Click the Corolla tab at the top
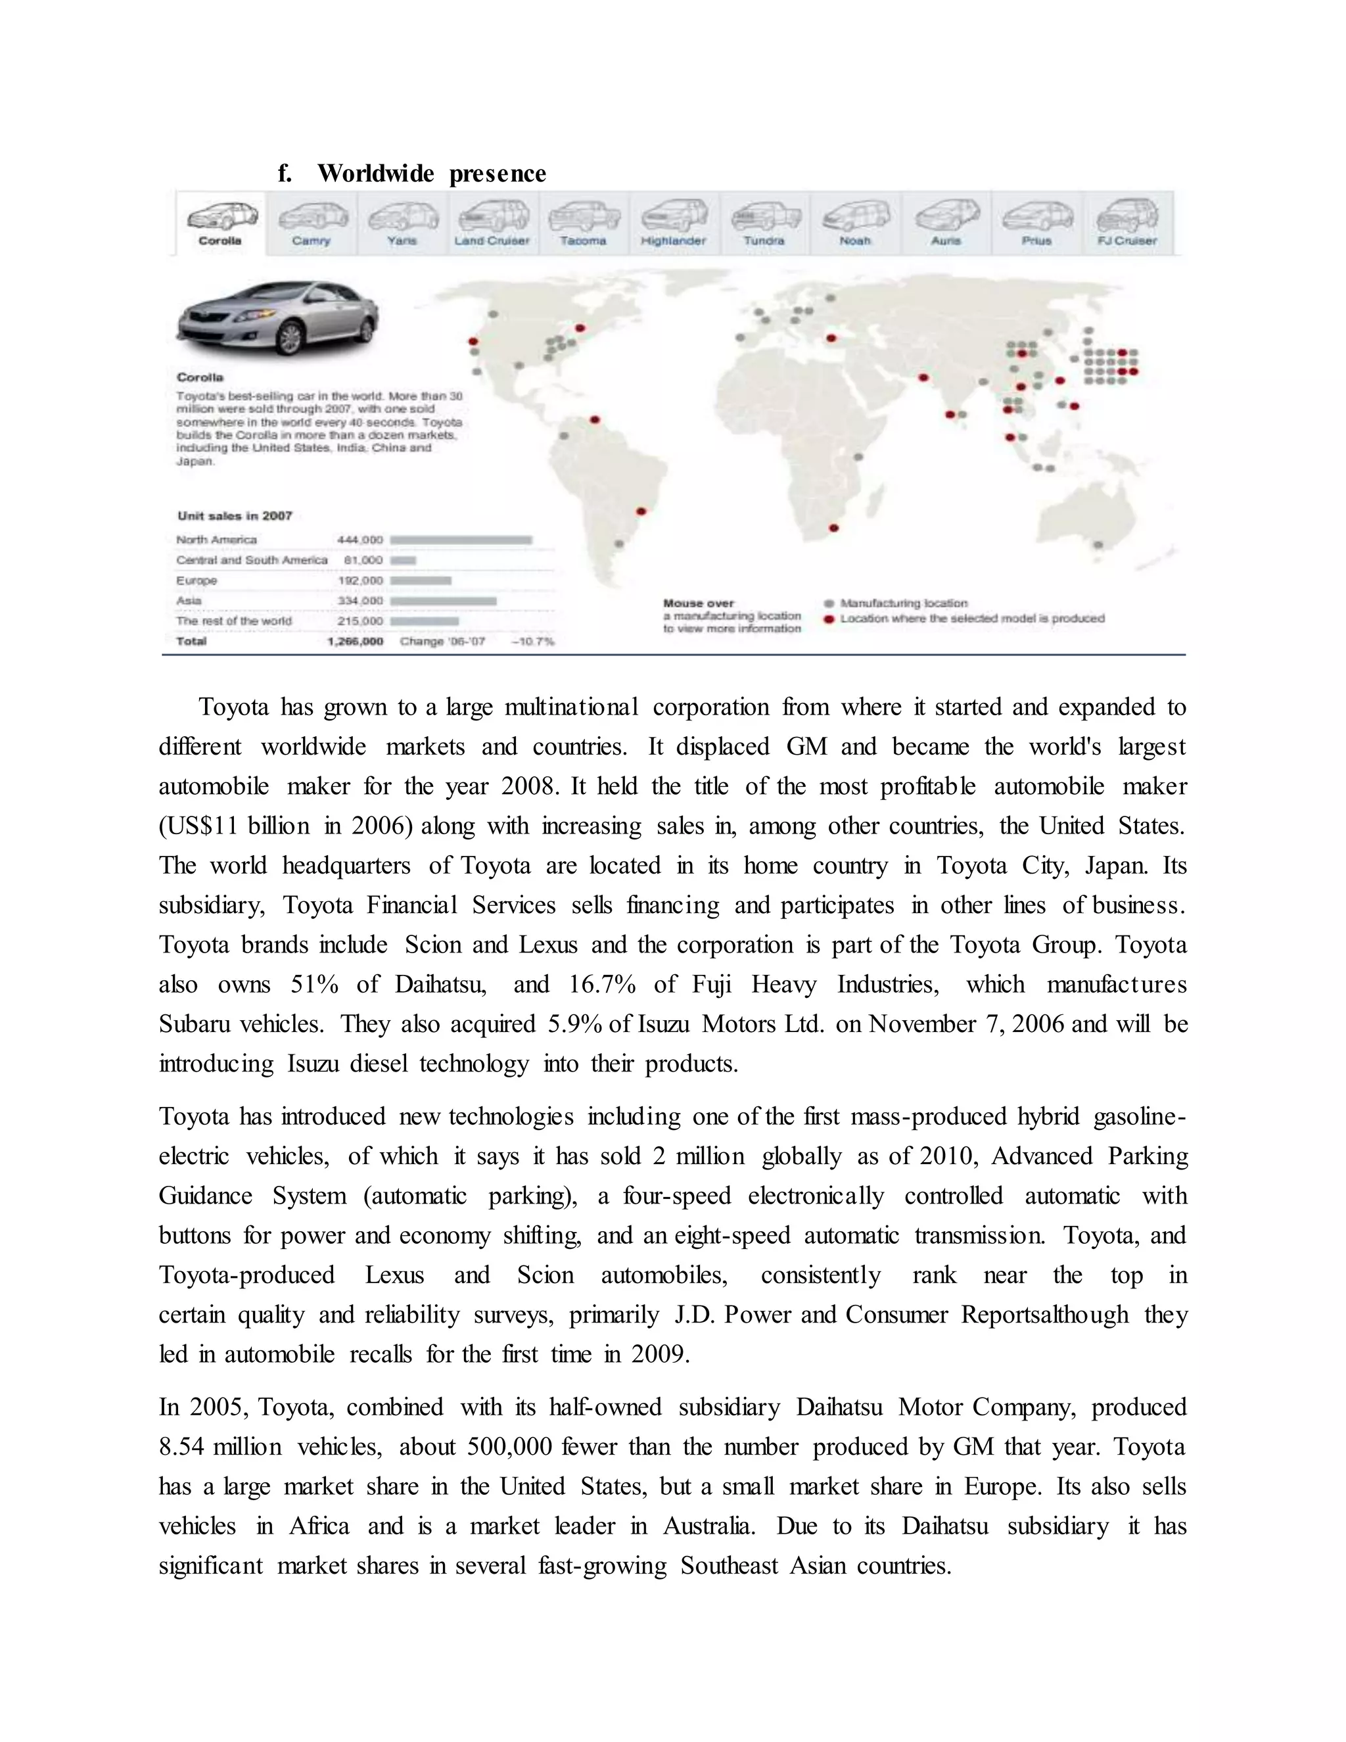tap(220, 224)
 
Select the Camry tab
tap(311, 224)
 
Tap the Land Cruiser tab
tap(492, 224)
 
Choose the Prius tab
tap(1036, 224)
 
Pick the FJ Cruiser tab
tap(1126, 224)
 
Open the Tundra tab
tap(764, 224)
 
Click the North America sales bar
tap(461, 540)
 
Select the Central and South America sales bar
tap(404, 561)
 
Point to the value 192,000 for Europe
tap(360, 580)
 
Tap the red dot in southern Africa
tap(834, 528)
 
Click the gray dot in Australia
tap(1098, 546)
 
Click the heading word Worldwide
tap(375, 174)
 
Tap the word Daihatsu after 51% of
tap(440, 984)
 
